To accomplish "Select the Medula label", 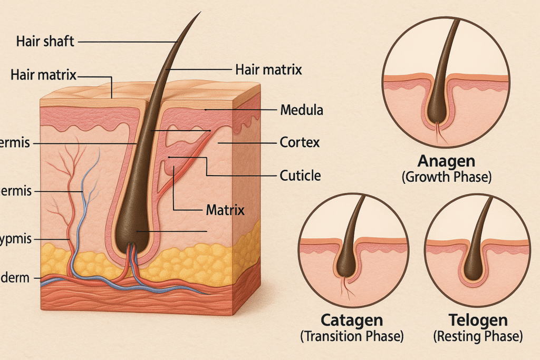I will pyautogui.click(x=301, y=111).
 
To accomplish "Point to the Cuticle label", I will pyautogui.click(x=301, y=175).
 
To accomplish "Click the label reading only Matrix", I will pyautogui.click(x=225, y=210).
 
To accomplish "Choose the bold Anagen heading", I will pyautogui.click(x=446, y=161).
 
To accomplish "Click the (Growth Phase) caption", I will pyautogui.click(x=446, y=177).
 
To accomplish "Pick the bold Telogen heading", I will pyautogui.click(x=478, y=320).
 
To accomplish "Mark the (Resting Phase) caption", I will pyautogui.click(x=478, y=336).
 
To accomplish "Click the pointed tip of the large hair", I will pyautogui.click(x=200, y=13).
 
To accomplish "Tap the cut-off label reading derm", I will pyautogui.click(x=16, y=278).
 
